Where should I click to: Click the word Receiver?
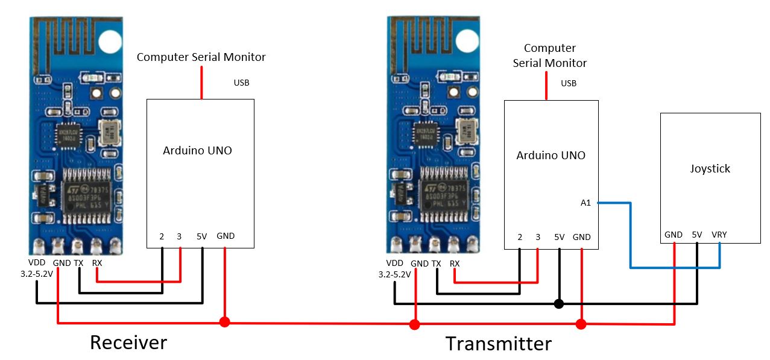pos(128,343)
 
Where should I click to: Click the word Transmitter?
pos(498,344)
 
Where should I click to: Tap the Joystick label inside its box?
pos(710,169)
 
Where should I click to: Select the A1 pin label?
pos(585,203)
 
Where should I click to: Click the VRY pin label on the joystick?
pos(719,235)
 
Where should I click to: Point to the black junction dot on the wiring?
pos(559,303)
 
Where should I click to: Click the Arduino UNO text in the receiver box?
pos(197,151)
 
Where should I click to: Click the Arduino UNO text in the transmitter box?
pos(551,156)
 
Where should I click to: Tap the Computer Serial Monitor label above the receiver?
pos(201,57)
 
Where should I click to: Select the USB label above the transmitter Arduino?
pos(569,83)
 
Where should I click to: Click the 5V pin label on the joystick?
pos(697,235)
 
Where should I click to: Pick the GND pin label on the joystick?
pos(673,235)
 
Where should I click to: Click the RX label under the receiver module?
pos(97,263)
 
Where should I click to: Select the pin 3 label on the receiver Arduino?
pos(179,236)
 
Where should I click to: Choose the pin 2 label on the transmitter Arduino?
pos(520,237)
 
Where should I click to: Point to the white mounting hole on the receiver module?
pos(110,41)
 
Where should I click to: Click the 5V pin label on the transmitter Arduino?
pos(559,237)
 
